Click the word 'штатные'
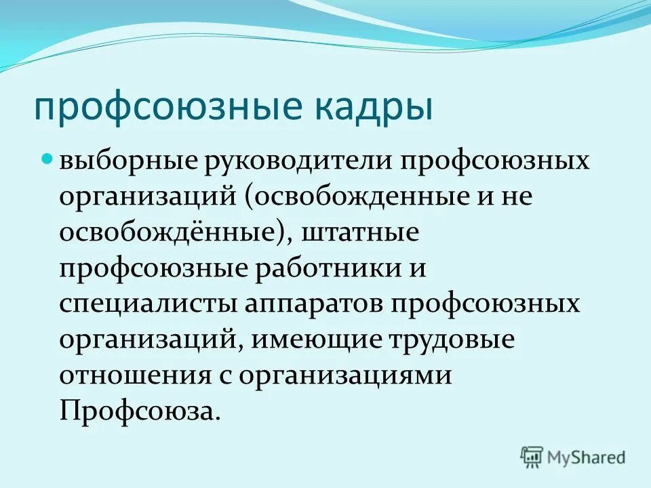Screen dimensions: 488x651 [366, 232]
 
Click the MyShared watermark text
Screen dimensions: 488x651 [587, 457]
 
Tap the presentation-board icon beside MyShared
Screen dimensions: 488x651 [532, 456]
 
